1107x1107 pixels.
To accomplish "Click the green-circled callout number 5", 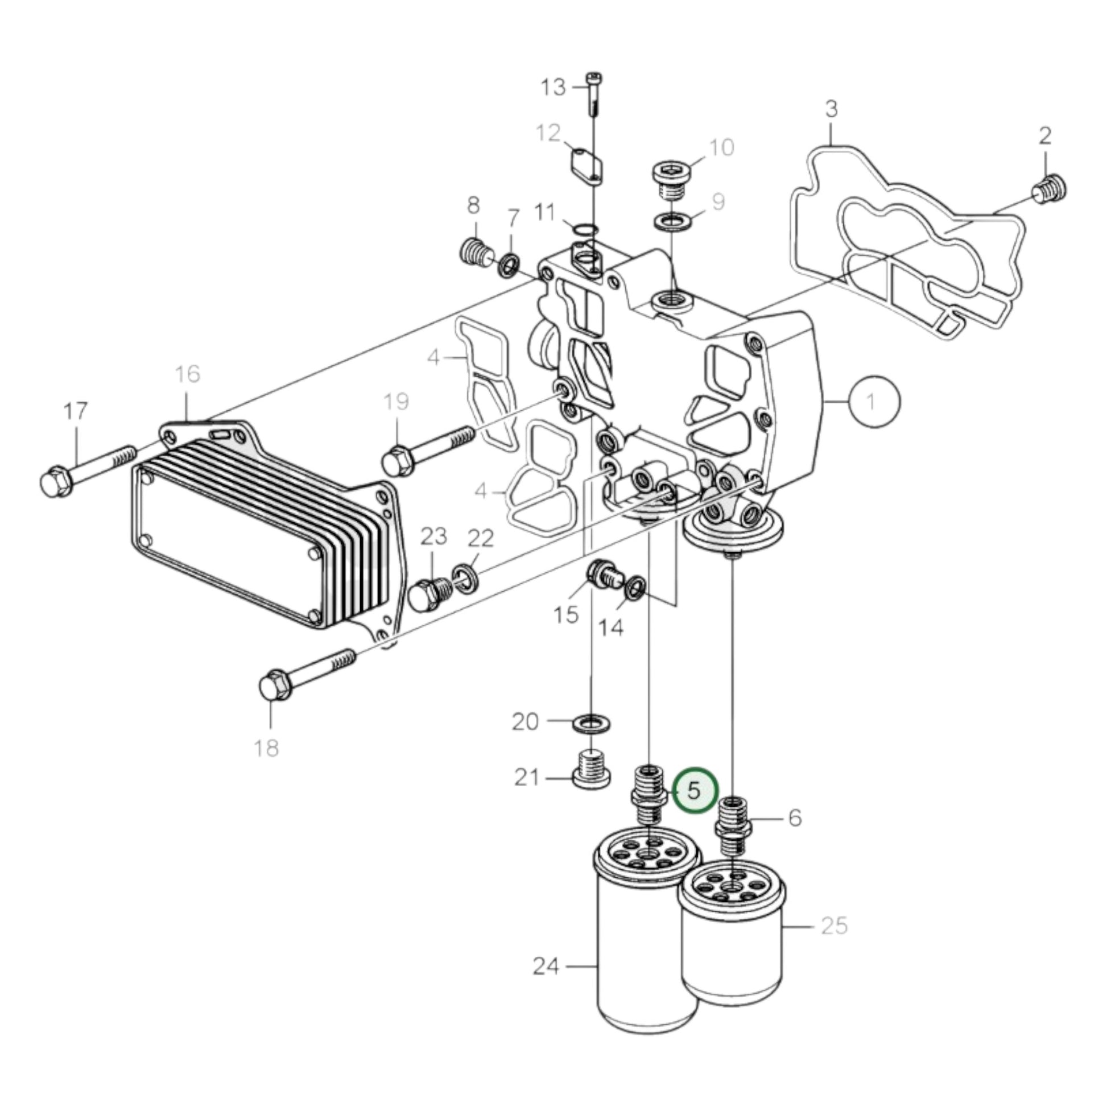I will tap(694, 791).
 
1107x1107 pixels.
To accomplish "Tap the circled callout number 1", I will tap(874, 402).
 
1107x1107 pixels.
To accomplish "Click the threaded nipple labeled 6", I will tap(733, 828).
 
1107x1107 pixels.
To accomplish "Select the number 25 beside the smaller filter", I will tap(834, 926).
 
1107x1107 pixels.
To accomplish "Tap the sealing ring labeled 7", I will tap(509, 265).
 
